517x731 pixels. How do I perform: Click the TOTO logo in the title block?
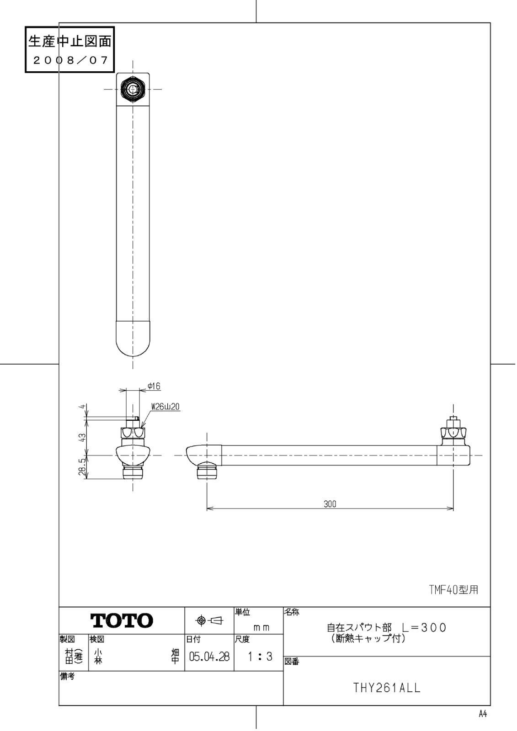coord(122,620)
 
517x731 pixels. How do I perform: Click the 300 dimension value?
coord(330,504)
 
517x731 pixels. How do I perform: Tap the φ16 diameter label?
coord(154,387)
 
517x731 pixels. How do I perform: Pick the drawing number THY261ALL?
coord(387,688)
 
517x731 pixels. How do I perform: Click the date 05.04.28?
coord(209,657)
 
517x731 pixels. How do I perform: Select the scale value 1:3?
coord(259,657)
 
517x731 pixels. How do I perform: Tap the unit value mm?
coord(261,628)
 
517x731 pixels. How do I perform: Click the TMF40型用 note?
coord(453,590)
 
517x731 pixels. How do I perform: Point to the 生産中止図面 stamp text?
coord(69,42)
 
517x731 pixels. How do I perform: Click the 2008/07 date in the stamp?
coord(69,61)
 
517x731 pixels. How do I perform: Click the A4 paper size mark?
coord(483,715)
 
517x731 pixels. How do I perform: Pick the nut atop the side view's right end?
coord(453,431)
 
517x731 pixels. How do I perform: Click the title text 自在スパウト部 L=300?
coord(386,627)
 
